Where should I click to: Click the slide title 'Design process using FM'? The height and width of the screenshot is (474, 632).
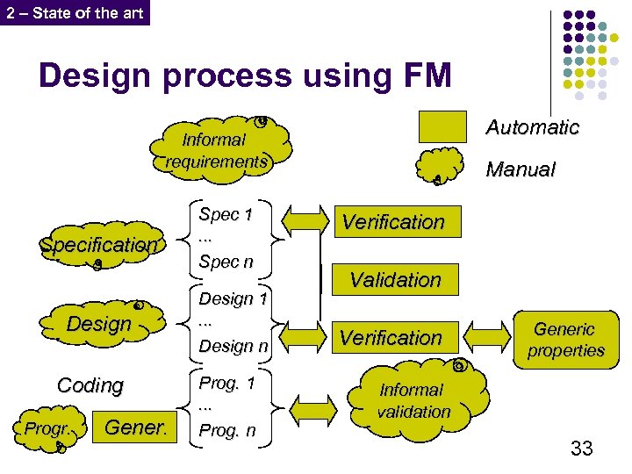pyautogui.click(x=245, y=76)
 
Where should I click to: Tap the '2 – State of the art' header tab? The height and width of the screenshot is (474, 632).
pyautogui.click(x=75, y=12)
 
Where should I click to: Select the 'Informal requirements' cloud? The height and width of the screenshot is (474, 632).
pyautogui.click(x=216, y=150)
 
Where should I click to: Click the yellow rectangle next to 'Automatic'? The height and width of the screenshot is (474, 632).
pyautogui.click(x=442, y=127)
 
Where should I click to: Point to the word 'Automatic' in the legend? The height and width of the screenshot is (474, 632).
pyautogui.click(x=532, y=127)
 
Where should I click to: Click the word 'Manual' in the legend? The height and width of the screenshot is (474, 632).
pyautogui.click(x=521, y=169)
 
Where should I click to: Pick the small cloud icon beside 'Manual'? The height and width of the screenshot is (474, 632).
pyautogui.click(x=441, y=168)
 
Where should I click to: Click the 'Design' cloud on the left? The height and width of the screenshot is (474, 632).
pyautogui.click(x=99, y=323)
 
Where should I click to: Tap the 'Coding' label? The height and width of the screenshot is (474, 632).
pyautogui.click(x=90, y=384)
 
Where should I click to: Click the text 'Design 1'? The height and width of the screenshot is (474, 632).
pyautogui.click(x=233, y=298)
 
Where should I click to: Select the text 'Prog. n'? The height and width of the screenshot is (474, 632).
pyautogui.click(x=227, y=430)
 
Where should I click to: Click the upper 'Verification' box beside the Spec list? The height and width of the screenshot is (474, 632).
pyautogui.click(x=393, y=222)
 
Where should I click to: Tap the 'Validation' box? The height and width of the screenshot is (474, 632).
pyautogui.click(x=395, y=280)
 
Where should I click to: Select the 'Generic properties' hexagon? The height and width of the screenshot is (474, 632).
pyautogui.click(x=564, y=339)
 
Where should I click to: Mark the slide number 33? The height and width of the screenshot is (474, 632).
pyautogui.click(x=581, y=449)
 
